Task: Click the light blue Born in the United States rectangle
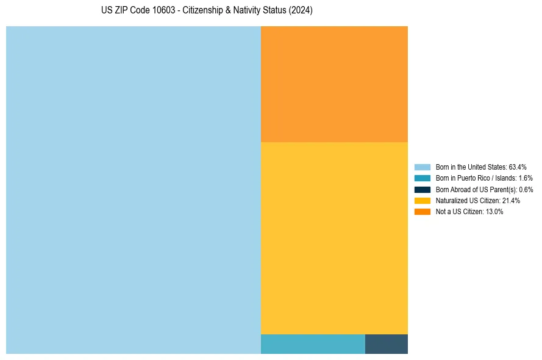[x=134, y=190]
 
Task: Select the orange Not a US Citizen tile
[x=334, y=84]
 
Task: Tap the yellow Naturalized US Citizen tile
[x=334, y=238]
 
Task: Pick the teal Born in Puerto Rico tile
[x=313, y=344]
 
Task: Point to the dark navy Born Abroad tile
[x=387, y=344]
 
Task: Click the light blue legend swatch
[x=423, y=167]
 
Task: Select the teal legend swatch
[x=423, y=178]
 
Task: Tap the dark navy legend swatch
[x=423, y=189]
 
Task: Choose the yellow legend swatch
[x=423, y=200]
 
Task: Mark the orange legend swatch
[x=423, y=212]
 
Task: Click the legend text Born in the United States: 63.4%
[x=481, y=167]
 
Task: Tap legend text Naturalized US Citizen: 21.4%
[x=478, y=200]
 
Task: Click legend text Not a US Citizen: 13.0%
[x=469, y=212]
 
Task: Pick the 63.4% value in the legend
[x=518, y=167]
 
